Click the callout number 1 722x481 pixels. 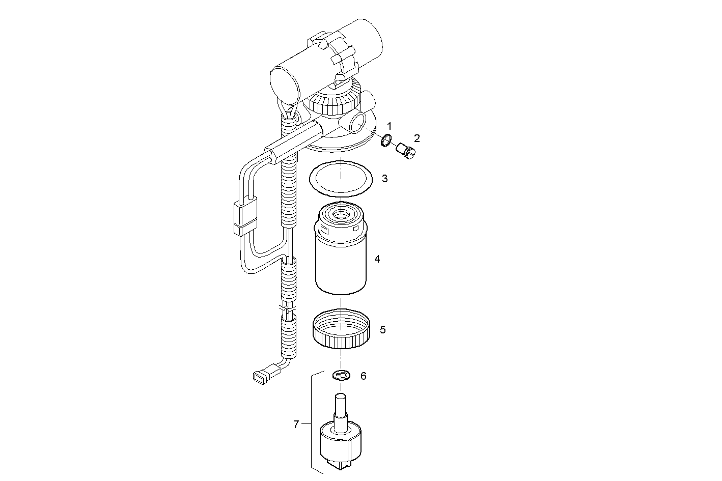[389, 125]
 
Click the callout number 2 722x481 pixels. [416, 138]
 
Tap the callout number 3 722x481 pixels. [385, 179]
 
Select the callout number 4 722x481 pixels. [377, 259]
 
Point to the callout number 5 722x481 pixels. [383, 330]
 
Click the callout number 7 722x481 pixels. [296, 423]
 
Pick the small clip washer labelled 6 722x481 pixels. [340, 376]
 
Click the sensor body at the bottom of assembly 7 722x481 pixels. [341, 443]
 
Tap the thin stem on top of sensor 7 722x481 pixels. [340, 405]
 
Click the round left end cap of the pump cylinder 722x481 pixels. [283, 84]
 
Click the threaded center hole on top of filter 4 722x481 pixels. [341, 213]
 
